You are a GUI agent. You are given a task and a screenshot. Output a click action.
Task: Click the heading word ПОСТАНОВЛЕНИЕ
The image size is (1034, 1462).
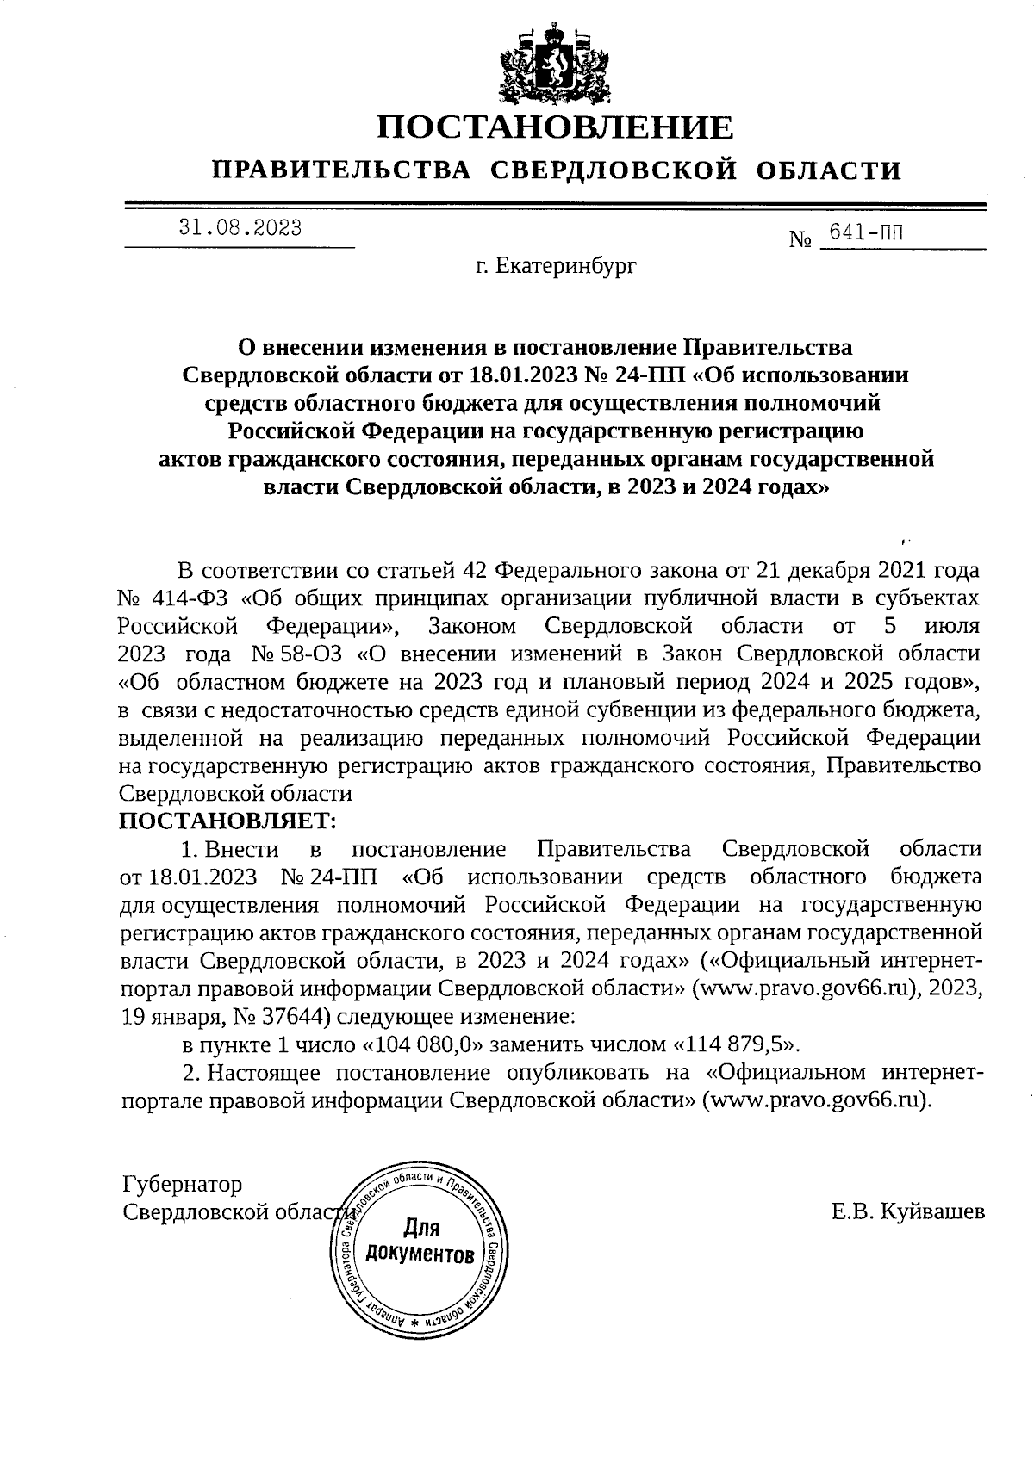556,127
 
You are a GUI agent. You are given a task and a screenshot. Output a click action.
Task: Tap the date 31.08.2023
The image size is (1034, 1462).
240,228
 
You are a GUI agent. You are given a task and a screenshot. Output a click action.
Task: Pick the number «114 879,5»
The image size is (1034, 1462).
735,1045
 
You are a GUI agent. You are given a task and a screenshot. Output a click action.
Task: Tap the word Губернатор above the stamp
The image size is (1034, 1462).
183,1184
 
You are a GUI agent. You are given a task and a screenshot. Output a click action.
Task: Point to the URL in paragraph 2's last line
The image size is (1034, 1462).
818,1101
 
